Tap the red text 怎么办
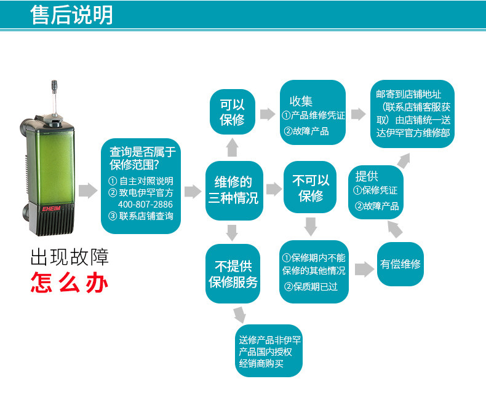[70, 283]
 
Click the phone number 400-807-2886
[145, 204]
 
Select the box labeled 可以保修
[232, 112]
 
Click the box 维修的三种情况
[233, 190]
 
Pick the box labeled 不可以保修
[311, 188]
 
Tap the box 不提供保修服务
[233, 274]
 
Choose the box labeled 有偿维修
[400, 264]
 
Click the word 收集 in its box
[301, 101]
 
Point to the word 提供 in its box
[367, 176]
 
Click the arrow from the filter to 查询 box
[88, 191]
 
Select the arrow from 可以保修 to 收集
[267, 114]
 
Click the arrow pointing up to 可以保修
[233, 147]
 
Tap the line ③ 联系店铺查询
[141, 216]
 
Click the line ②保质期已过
[311, 286]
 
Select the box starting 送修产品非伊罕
[269, 351]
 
